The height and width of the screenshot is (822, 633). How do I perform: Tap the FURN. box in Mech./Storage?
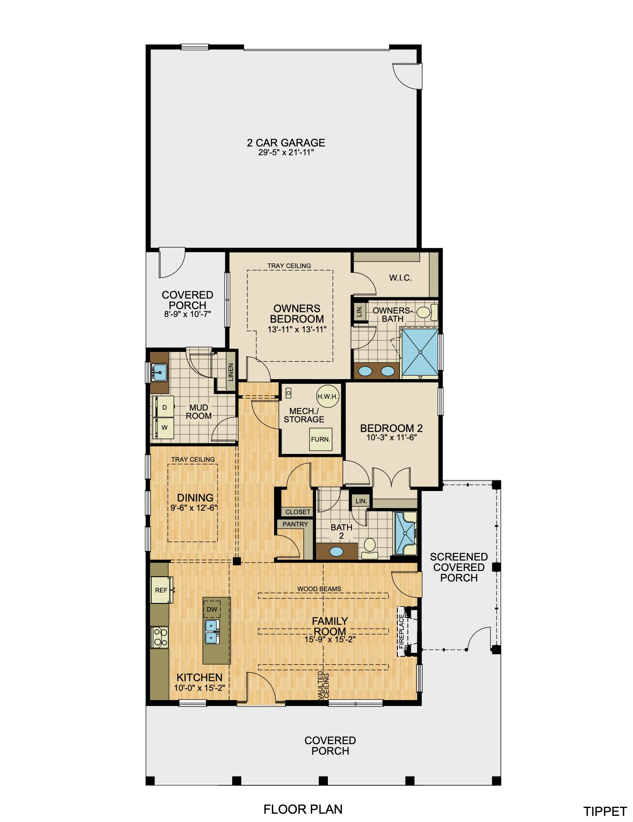pyautogui.click(x=320, y=439)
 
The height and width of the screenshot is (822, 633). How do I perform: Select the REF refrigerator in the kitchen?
pyautogui.click(x=162, y=590)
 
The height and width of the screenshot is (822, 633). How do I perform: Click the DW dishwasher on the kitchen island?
pyautogui.click(x=212, y=610)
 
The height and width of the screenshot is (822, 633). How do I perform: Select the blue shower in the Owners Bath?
pyautogui.click(x=420, y=352)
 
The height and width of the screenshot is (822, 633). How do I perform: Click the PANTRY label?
pyautogui.click(x=296, y=524)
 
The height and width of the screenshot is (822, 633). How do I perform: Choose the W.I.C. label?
pyautogui.click(x=400, y=278)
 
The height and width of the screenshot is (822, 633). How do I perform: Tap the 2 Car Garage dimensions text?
pyautogui.click(x=286, y=153)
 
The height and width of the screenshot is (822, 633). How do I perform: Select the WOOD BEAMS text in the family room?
pyautogui.click(x=319, y=589)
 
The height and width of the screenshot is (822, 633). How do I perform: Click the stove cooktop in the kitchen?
pyautogui.click(x=160, y=637)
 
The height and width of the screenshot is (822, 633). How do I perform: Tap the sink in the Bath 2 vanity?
pyautogui.click(x=336, y=551)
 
